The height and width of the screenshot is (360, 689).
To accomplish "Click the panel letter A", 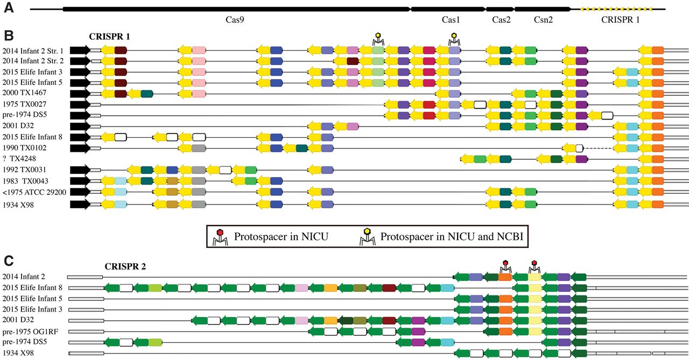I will [x=9, y=9].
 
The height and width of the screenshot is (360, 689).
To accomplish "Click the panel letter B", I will [x=9, y=36].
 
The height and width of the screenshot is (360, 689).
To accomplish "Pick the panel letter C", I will [x=9, y=261].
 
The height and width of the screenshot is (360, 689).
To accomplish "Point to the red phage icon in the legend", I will [x=220, y=236].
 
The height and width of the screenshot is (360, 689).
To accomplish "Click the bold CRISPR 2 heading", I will [x=126, y=266].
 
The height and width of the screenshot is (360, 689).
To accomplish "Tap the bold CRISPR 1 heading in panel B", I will [x=110, y=37].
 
